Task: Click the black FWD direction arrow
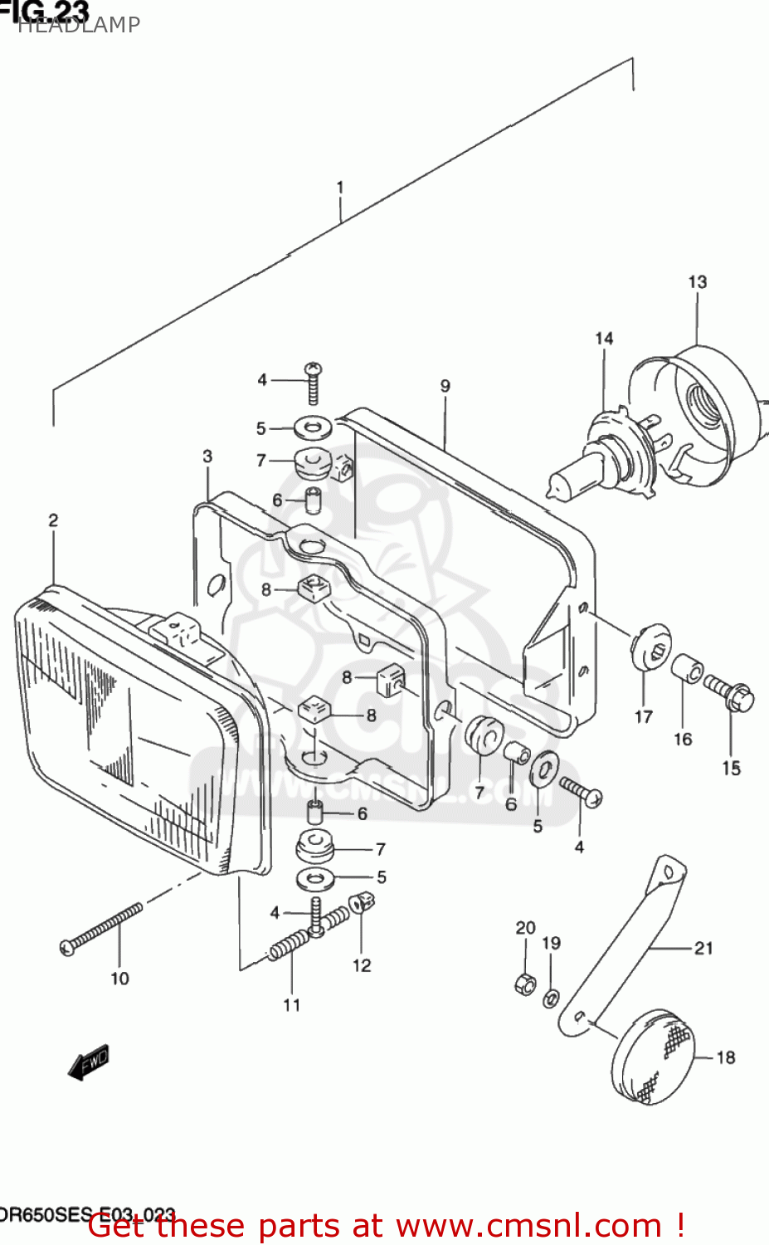click(x=89, y=1063)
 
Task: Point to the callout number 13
click(x=697, y=282)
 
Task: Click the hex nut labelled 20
click(x=525, y=984)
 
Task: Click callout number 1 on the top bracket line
click(x=340, y=188)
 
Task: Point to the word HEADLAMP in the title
click(x=79, y=25)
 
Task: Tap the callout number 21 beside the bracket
click(x=703, y=948)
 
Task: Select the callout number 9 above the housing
click(x=445, y=386)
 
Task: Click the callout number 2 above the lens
click(x=53, y=520)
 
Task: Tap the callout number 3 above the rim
click(x=207, y=456)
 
